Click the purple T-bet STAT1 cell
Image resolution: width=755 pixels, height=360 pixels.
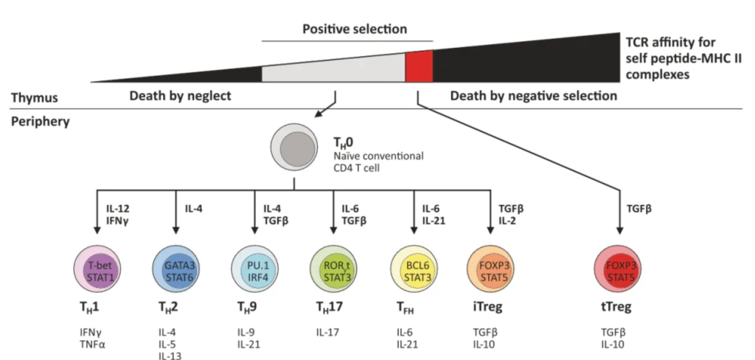click(x=97, y=268)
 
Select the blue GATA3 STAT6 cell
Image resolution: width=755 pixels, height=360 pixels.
click(x=175, y=268)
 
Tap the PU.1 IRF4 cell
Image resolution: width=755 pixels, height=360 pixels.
click(x=254, y=268)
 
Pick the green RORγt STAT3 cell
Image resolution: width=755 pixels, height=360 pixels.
click(x=334, y=268)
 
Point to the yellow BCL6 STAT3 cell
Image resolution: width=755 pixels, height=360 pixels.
click(x=413, y=268)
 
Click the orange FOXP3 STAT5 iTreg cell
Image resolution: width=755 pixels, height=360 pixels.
click(x=490, y=268)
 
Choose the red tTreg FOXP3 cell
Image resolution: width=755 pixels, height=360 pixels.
click(x=619, y=268)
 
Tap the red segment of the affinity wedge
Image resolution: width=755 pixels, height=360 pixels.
click(x=419, y=67)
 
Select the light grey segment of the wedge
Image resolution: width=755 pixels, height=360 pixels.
click(x=334, y=69)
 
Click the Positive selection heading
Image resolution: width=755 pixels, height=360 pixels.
click(x=355, y=29)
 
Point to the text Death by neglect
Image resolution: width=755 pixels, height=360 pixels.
click(x=180, y=96)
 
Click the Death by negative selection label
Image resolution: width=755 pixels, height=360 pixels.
click(x=534, y=96)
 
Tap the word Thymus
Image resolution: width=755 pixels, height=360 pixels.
click(x=35, y=98)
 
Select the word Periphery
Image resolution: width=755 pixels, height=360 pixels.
click(x=41, y=122)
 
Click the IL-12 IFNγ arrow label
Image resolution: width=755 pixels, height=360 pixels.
click(x=117, y=215)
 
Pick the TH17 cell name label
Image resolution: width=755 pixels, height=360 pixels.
click(x=330, y=307)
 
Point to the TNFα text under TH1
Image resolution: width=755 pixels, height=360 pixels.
click(x=91, y=344)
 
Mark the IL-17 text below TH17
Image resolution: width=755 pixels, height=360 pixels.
click(x=327, y=332)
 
